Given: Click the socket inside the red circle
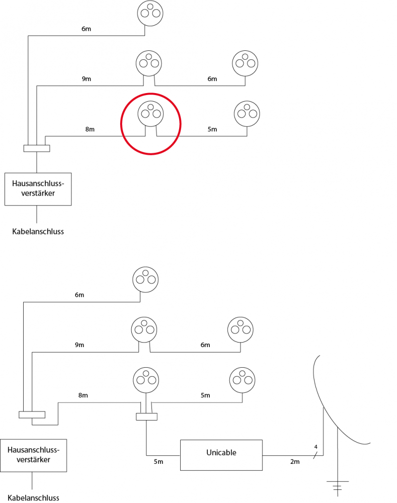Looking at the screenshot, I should [x=150, y=113].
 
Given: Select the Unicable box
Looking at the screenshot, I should [x=221, y=455].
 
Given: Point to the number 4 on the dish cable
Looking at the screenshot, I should [x=315, y=447].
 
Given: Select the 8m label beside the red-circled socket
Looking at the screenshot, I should [x=90, y=129].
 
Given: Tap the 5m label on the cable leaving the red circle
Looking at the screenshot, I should [x=212, y=129].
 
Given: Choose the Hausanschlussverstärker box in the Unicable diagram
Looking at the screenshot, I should [x=33, y=455].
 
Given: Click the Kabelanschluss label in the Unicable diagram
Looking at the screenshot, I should [x=33, y=497].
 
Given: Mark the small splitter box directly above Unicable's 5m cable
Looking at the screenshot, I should [x=146, y=416].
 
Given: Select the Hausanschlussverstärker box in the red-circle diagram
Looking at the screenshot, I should [x=38, y=189].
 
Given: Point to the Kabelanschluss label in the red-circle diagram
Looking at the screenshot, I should [x=38, y=232].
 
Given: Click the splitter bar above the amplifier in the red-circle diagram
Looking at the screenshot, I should [x=37, y=148].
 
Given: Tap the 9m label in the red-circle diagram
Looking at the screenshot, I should [x=86, y=78].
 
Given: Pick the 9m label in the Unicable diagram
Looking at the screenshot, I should [x=80, y=345].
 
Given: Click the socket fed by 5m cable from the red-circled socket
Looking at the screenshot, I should [x=247, y=113].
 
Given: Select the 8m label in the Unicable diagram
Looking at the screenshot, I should [x=83, y=395].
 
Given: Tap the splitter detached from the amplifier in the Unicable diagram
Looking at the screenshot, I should [x=32, y=414].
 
